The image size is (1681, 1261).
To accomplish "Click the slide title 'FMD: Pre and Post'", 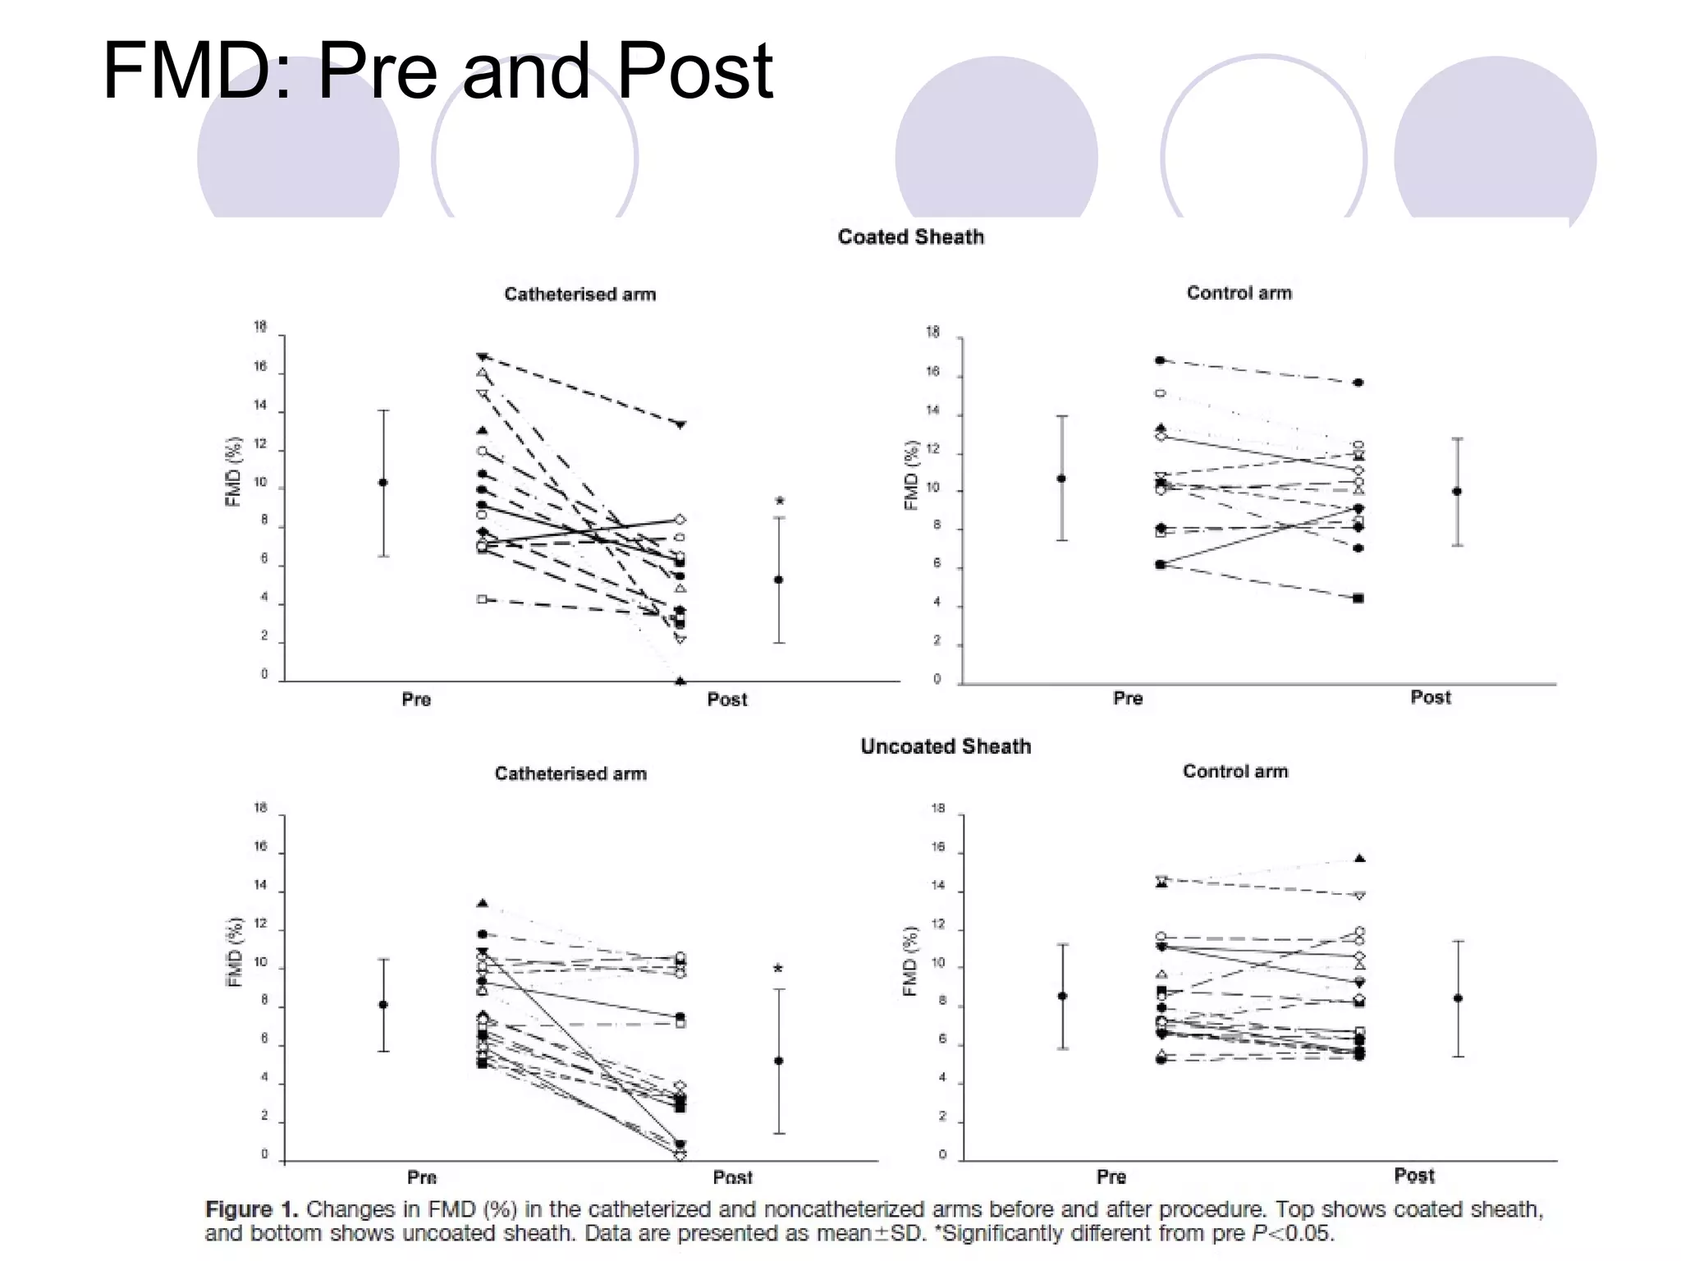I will click(x=437, y=72).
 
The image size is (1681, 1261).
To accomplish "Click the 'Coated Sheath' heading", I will click(x=910, y=237).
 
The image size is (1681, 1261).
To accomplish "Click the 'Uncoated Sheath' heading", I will click(x=945, y=746).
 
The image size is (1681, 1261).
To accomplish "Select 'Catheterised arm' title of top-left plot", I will click(x=579, y=294).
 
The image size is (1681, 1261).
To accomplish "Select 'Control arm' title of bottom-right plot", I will click(x=1234, y=771).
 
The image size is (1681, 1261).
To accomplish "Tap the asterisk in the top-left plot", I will click(x=780, y=502).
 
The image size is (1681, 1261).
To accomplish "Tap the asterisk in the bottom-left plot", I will click(x=778, y=970).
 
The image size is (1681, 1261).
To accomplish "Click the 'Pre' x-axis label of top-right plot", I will click(x=1127, y=698).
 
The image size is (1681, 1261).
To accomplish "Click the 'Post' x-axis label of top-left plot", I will click(x=726, y=699).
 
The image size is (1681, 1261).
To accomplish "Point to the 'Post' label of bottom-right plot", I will click(x=1413, y=1176).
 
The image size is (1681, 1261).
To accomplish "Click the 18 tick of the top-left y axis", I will click(x=260, y=327).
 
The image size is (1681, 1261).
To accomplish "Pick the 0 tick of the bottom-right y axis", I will click(x=942, y=1154).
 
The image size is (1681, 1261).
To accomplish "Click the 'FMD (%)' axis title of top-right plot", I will click(x=910, y=475).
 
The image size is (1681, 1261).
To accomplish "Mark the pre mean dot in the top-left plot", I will click(x=383, y=483).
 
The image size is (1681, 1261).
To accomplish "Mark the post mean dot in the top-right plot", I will click(x=1457, y=492).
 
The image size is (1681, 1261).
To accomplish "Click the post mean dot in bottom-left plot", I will click(x=779, y=1061).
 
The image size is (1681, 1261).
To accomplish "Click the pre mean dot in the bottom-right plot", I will click(x=1063, y=996).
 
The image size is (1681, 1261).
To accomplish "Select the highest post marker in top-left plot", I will click(x=680, y=424).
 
